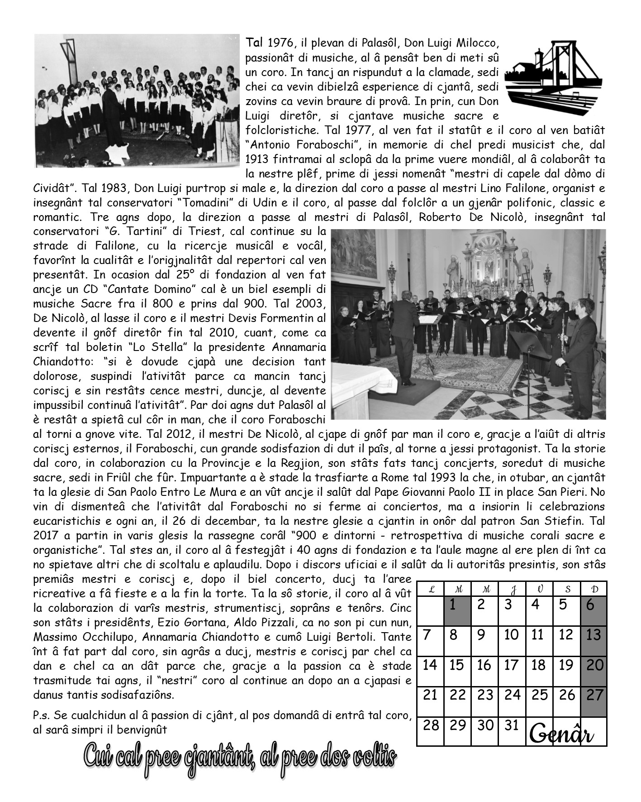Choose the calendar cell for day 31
coord(511,725)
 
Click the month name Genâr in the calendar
coord(566,733)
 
